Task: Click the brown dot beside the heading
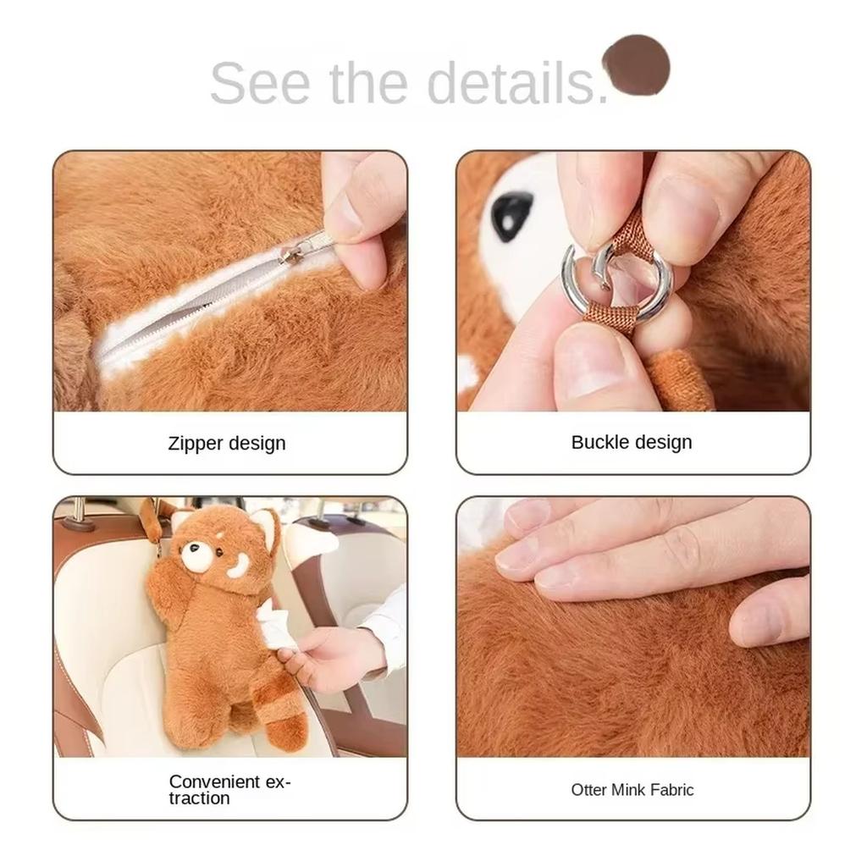[x=636, y=64]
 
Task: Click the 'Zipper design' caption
[x=227, y=443]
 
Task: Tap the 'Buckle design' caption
[x=632, y=442]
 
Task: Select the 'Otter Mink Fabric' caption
[x=632, y=790]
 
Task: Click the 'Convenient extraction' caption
[x=229, y=789]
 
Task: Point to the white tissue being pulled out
[x=272, y=624]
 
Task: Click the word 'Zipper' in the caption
[x=196, y=443]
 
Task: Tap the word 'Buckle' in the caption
[x=599, y=442]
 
